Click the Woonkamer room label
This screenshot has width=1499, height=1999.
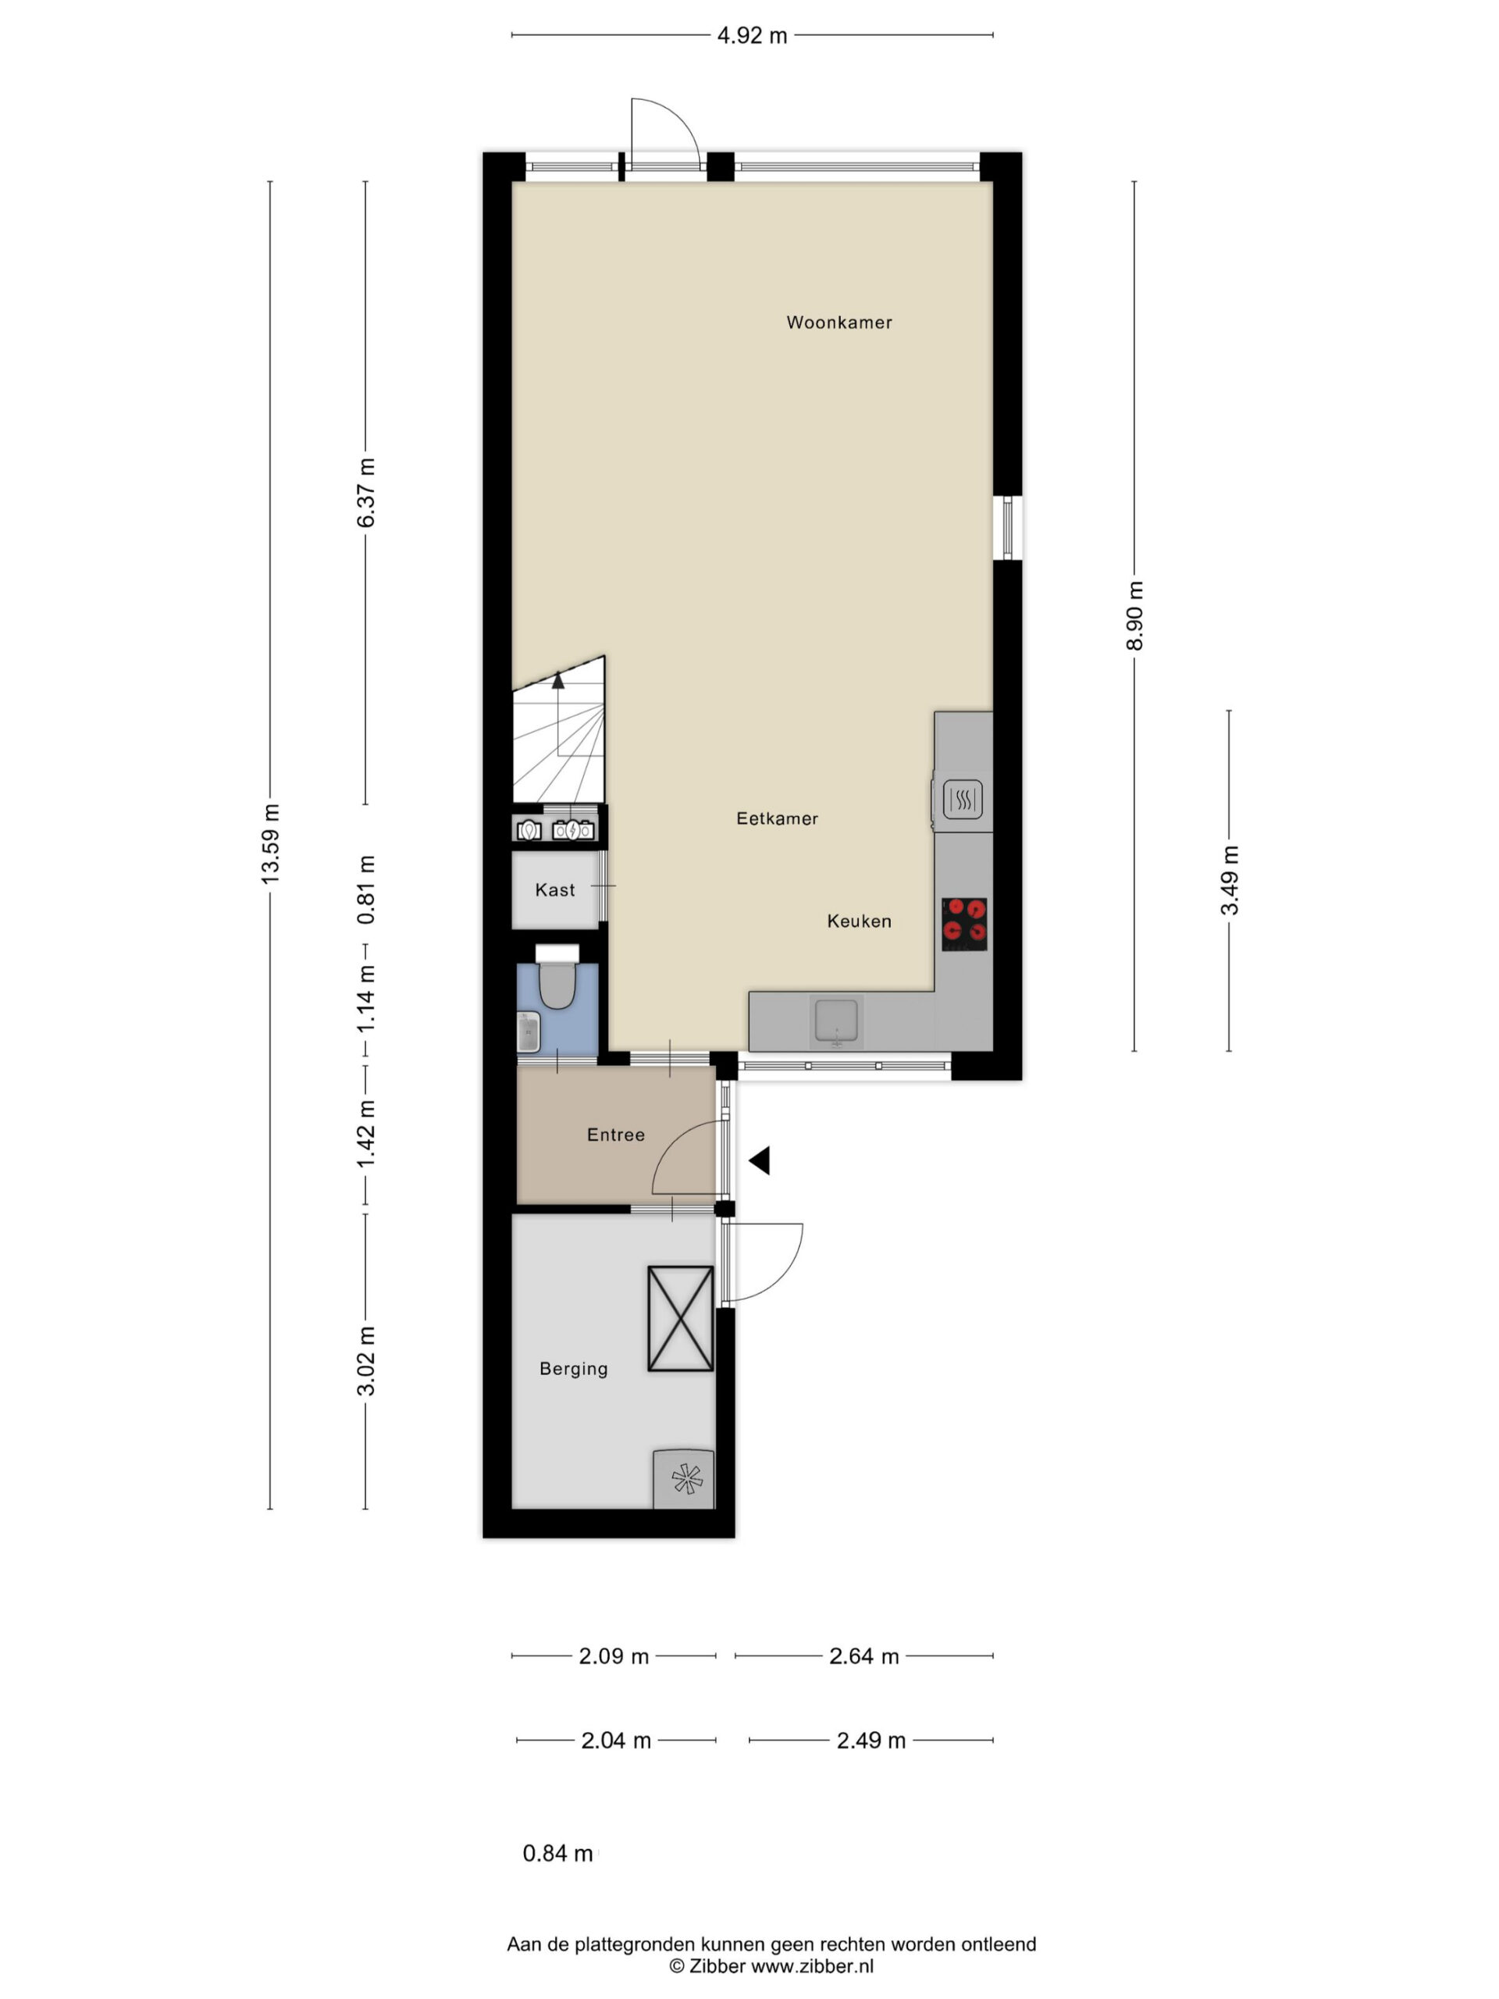point(839,322)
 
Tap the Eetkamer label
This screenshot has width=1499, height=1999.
point(777,819)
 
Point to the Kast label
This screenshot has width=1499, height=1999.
point(555,890)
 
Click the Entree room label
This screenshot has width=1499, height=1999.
point(616,1135)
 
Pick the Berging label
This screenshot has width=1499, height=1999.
point(574,1369)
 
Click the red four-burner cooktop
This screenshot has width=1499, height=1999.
point(964,924)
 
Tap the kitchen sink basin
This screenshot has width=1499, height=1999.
point(837,1021)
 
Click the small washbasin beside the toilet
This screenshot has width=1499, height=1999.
point(529,1032)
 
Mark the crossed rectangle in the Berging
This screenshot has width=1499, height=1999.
point(680,1319)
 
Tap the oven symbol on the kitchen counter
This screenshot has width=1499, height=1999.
point(963,799)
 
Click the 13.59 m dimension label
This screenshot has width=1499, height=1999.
point(270,843)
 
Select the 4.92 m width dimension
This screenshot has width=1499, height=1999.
point(752,35)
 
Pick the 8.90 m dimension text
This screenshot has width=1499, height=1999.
point(1135,615)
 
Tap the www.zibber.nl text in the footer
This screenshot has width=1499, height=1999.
point(812,1966)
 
